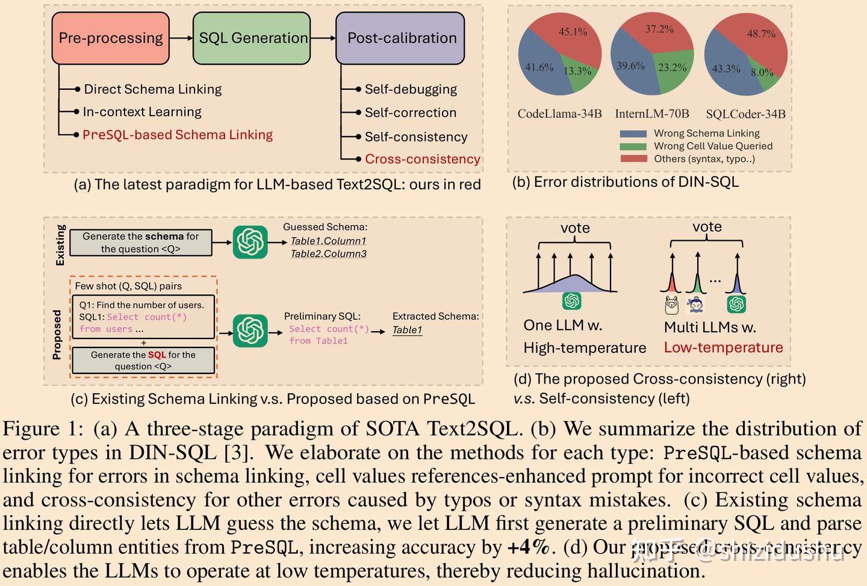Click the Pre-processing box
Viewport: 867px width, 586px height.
tap(111, 39)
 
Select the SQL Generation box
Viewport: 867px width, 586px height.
tap(253, 39)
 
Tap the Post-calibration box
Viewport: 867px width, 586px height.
tap(401, 39)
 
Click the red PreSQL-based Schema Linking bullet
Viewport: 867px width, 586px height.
tap(178, 135)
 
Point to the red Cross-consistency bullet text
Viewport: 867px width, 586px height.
tap(422, 159)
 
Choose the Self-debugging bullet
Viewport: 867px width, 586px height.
tap(411, 89)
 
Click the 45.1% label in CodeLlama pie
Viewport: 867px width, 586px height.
tap(573, 32)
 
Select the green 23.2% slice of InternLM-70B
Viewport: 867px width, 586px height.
tap(672, 67)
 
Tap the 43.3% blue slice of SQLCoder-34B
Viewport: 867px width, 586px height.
tap(726, 69)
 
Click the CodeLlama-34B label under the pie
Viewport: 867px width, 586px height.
tap(559, 114)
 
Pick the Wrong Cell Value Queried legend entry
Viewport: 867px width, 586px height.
tap(713, 146)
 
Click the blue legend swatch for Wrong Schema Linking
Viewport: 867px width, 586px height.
tap(633, 134)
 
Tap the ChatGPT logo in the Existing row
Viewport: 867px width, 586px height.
tap(250, 242)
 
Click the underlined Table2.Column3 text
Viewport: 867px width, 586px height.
tap(328, 254)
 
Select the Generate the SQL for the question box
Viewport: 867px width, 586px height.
tap(143, 360)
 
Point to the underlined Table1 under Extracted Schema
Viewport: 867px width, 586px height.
tap(407, 330)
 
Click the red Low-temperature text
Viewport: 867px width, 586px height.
tap(723, 348)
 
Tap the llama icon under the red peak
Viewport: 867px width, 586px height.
tap(671, 305)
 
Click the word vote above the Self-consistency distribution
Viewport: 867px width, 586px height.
tap(575, 228)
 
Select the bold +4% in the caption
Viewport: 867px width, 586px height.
tap(529, 547)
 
